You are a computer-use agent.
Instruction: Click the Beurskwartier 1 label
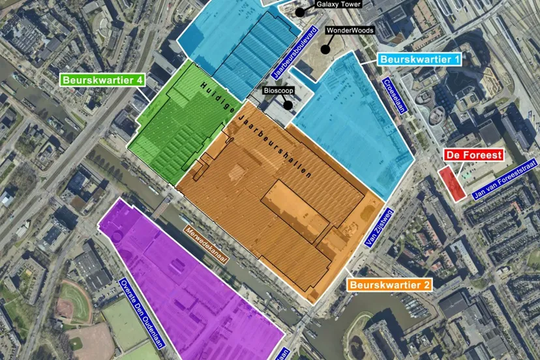point(421,59)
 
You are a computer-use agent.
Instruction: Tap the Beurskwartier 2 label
point(389,285)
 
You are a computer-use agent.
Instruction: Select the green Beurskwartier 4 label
point(102,80)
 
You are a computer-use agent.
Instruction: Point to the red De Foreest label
point(473,155)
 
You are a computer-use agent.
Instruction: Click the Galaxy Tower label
point(340,4)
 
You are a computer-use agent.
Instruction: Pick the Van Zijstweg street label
point(370,227)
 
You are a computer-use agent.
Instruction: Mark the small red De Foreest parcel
point(451,183)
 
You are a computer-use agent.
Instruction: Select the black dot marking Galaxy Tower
point(299,12)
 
